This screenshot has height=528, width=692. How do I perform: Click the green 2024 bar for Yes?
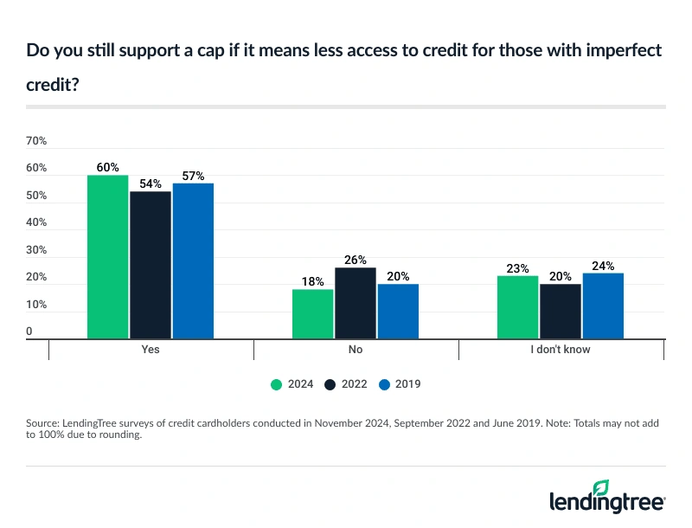107,257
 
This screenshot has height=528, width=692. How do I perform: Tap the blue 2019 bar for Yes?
193,261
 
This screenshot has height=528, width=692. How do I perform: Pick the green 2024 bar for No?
312,314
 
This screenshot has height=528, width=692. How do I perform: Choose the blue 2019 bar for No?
398,312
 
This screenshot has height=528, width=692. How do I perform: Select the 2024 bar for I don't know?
517,307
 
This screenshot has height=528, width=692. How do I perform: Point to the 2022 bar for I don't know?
561,312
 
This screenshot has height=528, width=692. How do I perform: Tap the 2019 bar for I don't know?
603,306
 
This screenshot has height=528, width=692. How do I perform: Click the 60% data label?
107,167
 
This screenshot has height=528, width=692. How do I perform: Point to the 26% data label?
356,260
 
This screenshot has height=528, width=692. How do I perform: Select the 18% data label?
312,281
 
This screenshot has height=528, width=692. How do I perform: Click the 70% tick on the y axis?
36,141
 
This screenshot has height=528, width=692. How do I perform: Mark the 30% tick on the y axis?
36,250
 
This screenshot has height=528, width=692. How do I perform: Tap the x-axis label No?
356,351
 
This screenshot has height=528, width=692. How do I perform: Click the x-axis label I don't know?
561,351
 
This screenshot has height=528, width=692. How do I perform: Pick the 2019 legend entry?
398,383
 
